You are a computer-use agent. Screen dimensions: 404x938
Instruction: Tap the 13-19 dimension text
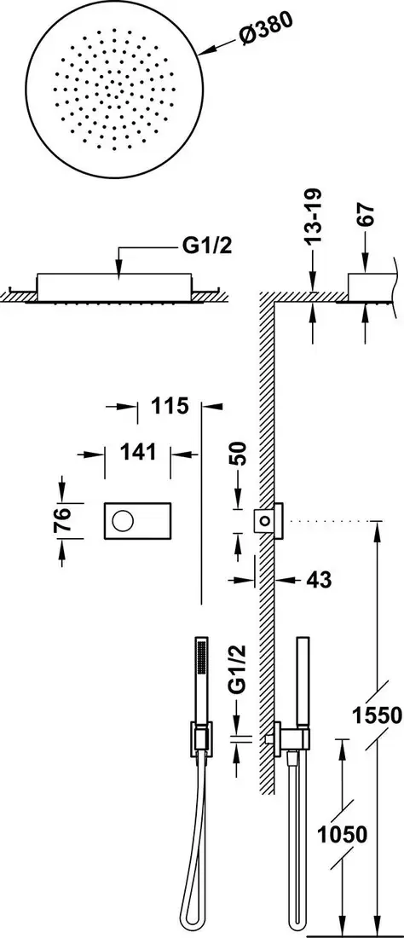(x=313, y=216)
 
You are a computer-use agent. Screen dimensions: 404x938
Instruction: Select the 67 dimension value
(x=366, y=215)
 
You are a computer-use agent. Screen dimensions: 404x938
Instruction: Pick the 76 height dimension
(x=62, y=519)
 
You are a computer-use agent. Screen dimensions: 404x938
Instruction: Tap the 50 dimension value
(x=238, y=455)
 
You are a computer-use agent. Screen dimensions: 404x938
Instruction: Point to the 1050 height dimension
(x=342, y=834)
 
